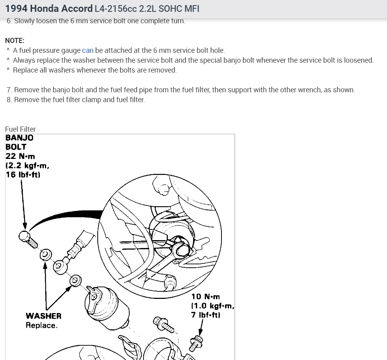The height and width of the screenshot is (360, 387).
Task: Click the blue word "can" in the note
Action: coord(87,50)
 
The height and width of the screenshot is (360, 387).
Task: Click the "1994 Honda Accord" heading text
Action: coord(48,8)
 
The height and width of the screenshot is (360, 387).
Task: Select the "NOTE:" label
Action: coord(15,41)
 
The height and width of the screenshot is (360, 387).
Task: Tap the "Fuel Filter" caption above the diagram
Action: coord(20,129)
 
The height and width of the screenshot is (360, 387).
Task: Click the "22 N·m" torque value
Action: coord(20,156)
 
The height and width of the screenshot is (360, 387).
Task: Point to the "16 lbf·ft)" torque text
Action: coord(23,175)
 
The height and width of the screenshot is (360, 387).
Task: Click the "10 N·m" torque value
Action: coord(206,297)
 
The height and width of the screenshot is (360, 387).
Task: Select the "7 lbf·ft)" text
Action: coord(206,315)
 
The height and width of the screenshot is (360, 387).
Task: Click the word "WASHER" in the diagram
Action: coord(43,316)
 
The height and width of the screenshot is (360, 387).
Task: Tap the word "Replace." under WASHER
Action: coord(41,325)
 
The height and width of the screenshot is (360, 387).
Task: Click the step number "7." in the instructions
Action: coord(9,90)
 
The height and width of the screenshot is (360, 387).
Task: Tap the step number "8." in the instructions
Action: coord(9,100)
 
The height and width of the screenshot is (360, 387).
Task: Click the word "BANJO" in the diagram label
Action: coord(19,138)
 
